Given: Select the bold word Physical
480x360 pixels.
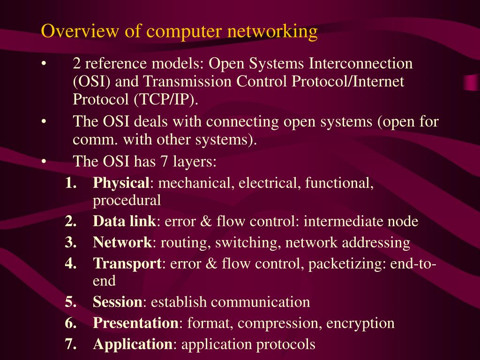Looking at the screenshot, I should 121,183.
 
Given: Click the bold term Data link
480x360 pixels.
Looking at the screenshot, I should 124,221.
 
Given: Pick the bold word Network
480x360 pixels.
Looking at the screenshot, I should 122,243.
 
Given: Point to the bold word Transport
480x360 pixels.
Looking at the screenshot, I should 127,264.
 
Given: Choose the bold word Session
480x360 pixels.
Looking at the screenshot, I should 117,302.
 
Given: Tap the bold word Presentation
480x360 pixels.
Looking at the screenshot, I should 135,323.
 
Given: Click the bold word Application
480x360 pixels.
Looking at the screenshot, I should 133,345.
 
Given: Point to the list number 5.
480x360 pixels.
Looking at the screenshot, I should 71,302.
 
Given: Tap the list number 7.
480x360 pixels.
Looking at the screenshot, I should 71,345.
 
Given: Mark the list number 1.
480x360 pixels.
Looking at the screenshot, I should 71,183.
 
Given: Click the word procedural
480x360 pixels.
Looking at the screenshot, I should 127,201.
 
